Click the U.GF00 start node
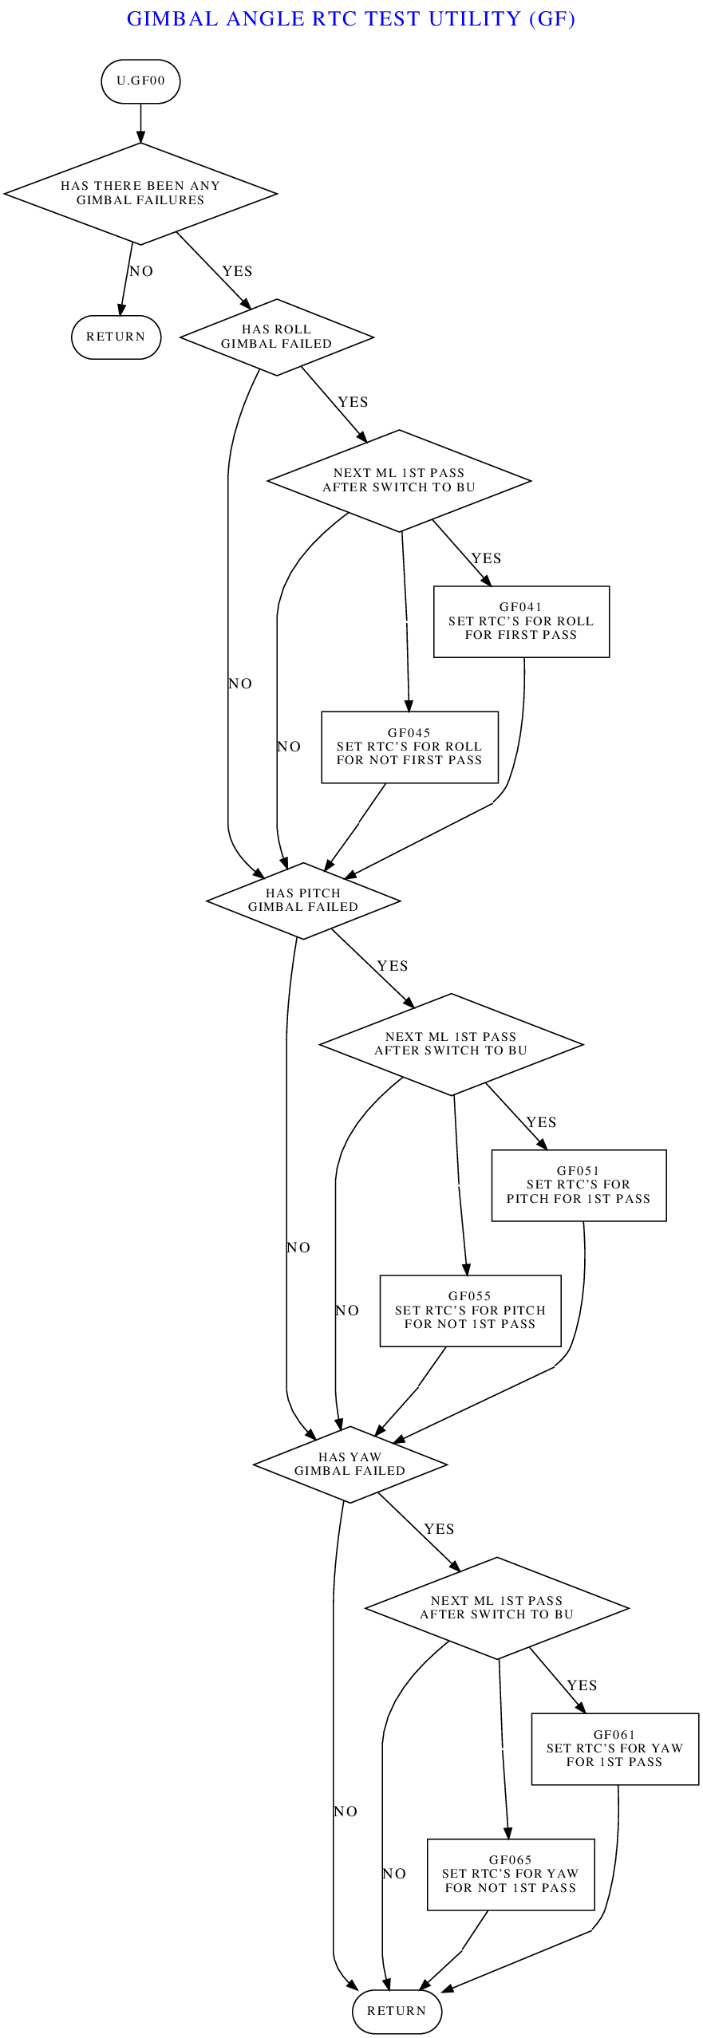click(x=140, y=81)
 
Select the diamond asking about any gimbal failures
click(x=140, y=193)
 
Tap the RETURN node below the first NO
click(x=117, y=337)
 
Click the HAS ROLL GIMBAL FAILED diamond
click(x=277, y=337)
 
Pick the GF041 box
click(x=521, y=621)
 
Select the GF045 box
click(x=409, y=747)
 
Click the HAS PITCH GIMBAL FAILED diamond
click(x=303, y=901)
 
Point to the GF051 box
click(x=579, y=1185)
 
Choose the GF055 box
click(x=470, y=1311)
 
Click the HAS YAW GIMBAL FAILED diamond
click(x=350, y=1464)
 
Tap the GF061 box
click(x=614, y=1748)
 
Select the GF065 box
click(x=511, y=1874)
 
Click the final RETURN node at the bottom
click(x=397, y=2010)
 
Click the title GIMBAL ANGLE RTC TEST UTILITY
click(x=351, y=19)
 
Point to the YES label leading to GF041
click(x=486, y=558)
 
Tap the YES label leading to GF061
click(x=582, y=1685)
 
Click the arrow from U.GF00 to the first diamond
click(x=140, y=123)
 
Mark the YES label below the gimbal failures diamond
click(x=237, y=271)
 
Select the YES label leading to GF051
click(x=541, y=1122)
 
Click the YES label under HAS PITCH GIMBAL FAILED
click(x=392, y=966)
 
